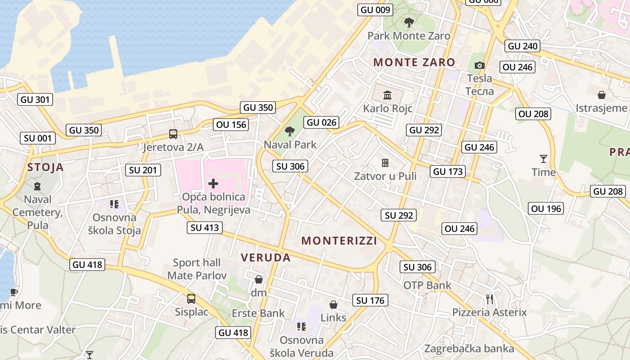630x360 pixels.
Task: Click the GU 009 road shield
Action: pos(375,10)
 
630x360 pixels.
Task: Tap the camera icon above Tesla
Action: pos(480,66)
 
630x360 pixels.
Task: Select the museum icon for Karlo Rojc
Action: pos(387,95)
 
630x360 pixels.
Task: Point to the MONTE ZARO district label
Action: pos(414,62)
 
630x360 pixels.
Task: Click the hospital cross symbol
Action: pos(213,183)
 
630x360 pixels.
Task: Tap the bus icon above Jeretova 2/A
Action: pos(173,134)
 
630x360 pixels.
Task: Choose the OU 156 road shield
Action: pos(232,125)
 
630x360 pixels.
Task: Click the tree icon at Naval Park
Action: pos(290,131)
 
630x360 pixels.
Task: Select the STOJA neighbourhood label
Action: pos(45,167)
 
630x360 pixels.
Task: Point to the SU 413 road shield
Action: pos(205,228)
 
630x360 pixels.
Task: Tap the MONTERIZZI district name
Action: pos(339,241)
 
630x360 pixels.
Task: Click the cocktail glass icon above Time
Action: pos(544,158)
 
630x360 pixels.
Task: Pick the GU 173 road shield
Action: pos(448,171)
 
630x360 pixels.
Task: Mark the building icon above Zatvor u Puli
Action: pos(385,162)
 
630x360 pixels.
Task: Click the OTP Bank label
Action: pos(427,285)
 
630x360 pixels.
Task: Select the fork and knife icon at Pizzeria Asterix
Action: pos(490,299)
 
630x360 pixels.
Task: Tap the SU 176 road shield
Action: pos(370,300)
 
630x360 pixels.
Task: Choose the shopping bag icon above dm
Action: pos(259,279)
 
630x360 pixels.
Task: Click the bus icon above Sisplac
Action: pos(191,298)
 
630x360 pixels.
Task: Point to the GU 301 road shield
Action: pos(36,99)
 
